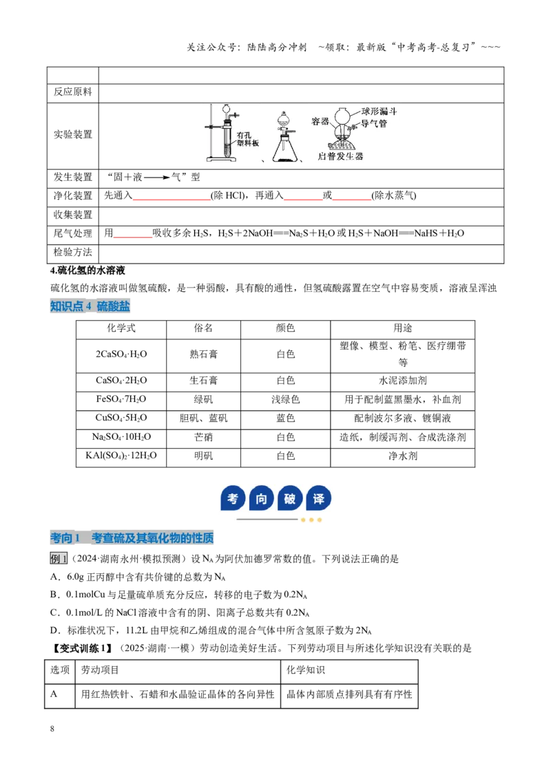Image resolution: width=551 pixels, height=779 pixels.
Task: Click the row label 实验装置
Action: pyautogui.click(x=72, y=135)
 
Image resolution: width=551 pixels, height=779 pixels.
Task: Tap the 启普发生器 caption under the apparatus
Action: pyautogui.click(x=340, y=156)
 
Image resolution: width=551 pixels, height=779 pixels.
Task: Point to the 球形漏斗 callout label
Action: pyautogui.click(x=380, y=111)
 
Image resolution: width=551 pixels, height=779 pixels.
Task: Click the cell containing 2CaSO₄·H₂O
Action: pyautogui.click(x=121, y=354)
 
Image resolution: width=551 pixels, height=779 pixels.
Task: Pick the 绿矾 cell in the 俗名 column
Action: pyautogui.click(x=203, y=399)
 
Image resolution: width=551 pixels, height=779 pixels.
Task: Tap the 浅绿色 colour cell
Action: pyautogui.click(x=285, y=399)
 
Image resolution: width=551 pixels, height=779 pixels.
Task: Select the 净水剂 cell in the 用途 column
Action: pyautogui.click(x=403, y=456)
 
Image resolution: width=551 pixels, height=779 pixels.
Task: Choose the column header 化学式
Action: pyautogui.click(x=121, y=328)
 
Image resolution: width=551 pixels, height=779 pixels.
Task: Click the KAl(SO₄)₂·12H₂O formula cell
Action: pyautogui.click(x=121, y=456)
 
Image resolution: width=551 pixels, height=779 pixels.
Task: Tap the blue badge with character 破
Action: pyautogui.click(x=290, y=498)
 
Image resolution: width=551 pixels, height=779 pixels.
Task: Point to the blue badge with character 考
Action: pyautogui.click(x=233, y=498)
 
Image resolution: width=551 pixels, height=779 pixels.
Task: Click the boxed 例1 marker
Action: pyautogui.click(x=58, y=559)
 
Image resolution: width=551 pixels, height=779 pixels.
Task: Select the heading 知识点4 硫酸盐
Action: pyautogui.click(x=90, y=306)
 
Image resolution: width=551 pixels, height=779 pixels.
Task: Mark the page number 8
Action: pyautogui.click(x=52, y=729)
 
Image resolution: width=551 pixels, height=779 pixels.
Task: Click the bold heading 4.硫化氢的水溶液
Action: pyautogui.click(x=88, y=270)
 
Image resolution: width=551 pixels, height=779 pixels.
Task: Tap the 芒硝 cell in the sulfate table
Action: pyautogui.click(x=203, y=437)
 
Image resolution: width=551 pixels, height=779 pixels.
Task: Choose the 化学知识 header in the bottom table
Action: pyautogui.click(x=305, y=670)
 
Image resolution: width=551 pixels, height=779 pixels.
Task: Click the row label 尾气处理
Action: pyautogui.click(x=72, y=233)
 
